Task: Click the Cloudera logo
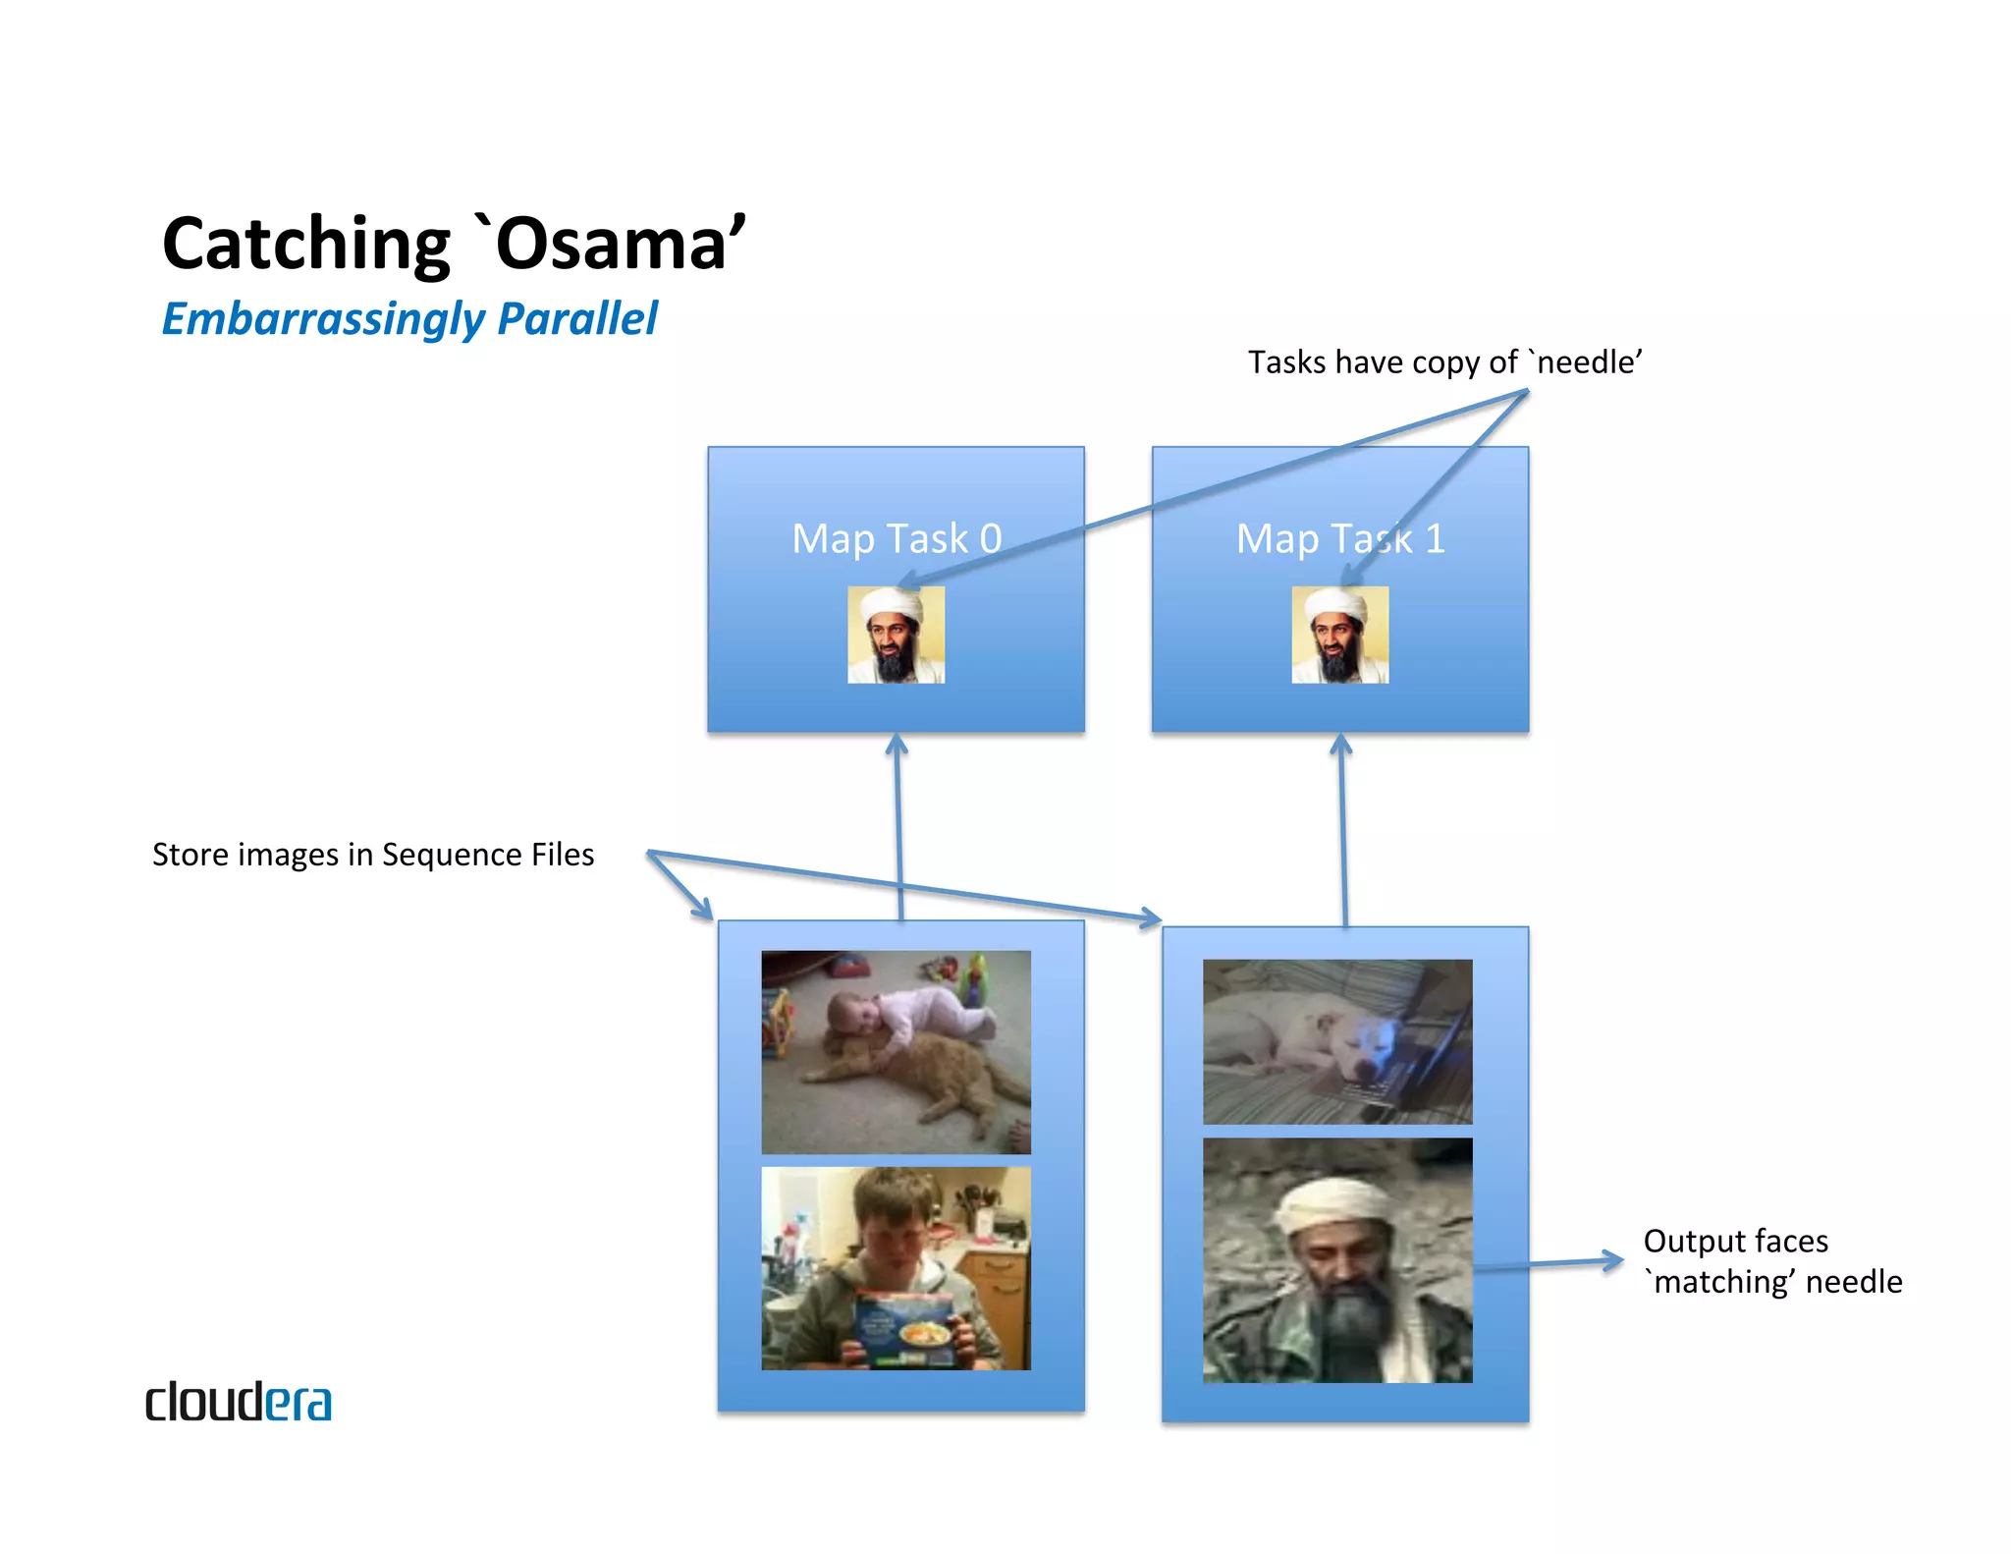[239, 1402]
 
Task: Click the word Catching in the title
[305, 245]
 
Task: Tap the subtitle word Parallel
[577, 319]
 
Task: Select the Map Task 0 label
[897, 538]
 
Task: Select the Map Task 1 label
[1340, 538]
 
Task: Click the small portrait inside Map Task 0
[896, 635]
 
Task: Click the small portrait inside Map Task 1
[1339, 635]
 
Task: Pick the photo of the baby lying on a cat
[896, 1051]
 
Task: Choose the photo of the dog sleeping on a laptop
[1337, 1041]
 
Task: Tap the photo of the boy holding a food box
[896, 1267]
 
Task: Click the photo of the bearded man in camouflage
[1337, 1260]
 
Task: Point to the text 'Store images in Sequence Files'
[373, 855]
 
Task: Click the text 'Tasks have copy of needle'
[1444, 362]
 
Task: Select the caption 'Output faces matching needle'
[1772, 1261]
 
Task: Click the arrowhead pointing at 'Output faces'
[1612, 1260]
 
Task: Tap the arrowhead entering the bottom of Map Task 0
[896, 745]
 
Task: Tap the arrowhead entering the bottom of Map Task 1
[1340, 745]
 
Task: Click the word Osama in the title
[614, 245]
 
